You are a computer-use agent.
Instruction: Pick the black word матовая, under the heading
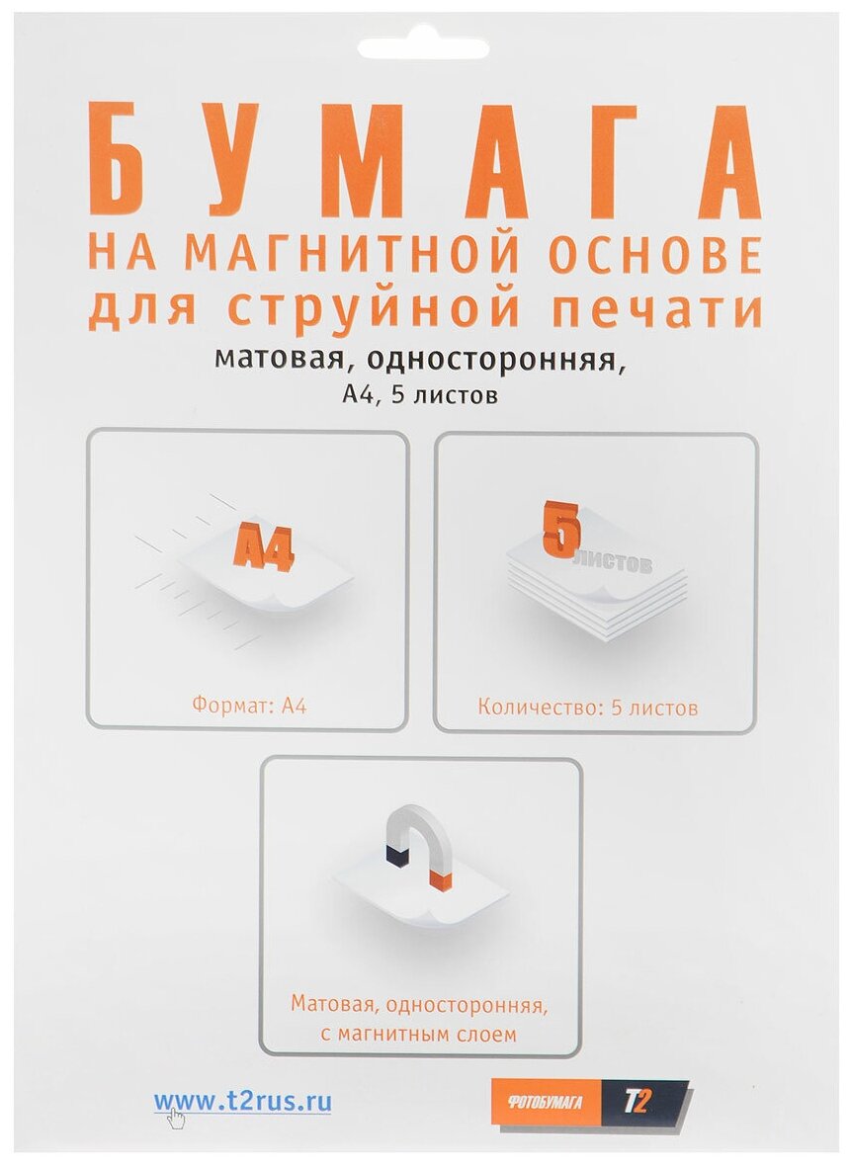272,360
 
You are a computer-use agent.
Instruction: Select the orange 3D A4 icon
263,552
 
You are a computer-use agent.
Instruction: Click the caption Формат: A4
247,707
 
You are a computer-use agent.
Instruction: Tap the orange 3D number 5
559,530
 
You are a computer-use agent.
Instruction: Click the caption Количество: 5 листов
588,708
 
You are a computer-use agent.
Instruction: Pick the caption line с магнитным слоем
419,1035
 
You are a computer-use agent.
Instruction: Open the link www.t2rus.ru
242,1102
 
